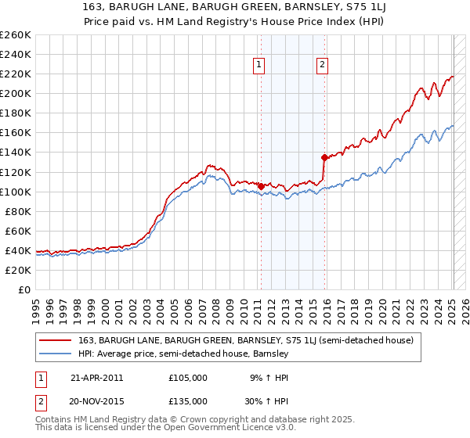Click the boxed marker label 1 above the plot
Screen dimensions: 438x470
259,66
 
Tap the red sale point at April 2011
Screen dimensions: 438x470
260,186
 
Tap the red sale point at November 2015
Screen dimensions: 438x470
324,156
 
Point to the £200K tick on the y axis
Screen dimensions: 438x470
16,93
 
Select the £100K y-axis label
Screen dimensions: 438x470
16,192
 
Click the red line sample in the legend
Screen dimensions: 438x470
54,340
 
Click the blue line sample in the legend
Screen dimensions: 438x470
54,354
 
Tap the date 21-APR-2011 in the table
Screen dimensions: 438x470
96,378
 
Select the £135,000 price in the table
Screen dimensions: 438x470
188,400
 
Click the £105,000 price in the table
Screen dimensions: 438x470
188,378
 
